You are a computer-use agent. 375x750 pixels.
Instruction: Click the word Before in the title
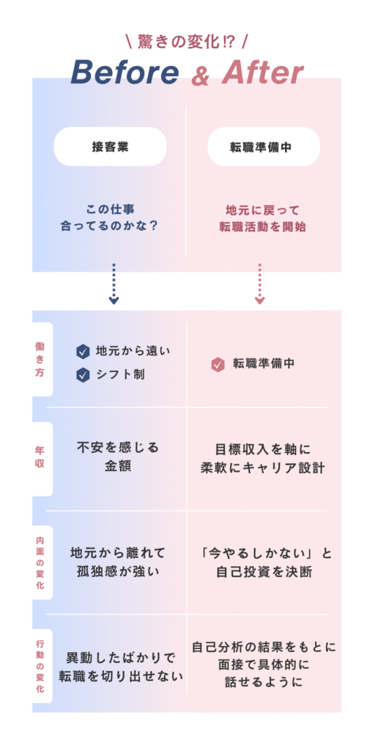[125, 73]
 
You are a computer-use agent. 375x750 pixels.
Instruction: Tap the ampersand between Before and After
[201, 75]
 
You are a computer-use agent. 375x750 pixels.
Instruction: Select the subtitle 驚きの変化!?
[187, 42]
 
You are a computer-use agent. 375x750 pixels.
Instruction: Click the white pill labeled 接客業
[111, 146]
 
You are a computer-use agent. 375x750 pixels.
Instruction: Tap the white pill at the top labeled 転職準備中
[264, 146]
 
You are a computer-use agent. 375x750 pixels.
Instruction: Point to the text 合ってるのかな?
[109, 226]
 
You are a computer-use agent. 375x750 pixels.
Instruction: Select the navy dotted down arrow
[114, 283]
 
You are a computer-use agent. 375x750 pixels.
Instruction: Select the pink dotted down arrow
[260, 283]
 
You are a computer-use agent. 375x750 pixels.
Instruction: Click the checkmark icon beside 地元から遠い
[83, 352]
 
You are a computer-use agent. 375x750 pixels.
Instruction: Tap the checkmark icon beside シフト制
[83, 375]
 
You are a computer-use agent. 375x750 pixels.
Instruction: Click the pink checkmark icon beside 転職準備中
[218, 365]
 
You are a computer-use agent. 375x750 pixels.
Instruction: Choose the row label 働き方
[40, 359]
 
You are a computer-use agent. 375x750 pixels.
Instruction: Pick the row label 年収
[40, 457]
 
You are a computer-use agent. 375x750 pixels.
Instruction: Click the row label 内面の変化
[40, 562]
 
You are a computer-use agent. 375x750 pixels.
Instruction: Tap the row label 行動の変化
[40, 666]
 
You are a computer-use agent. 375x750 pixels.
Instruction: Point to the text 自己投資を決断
[264, 571]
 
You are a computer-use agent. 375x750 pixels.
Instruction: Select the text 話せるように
[264, 682]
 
